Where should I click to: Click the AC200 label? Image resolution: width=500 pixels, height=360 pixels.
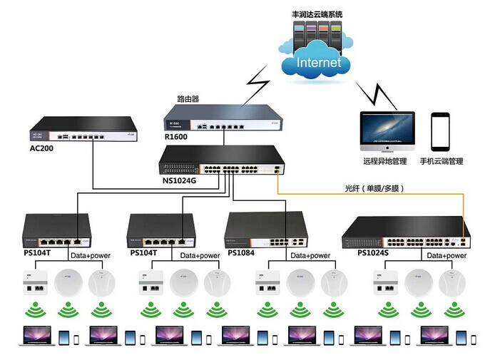tap(42, 148)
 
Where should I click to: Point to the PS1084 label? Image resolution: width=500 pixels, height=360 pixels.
tap(240, 252)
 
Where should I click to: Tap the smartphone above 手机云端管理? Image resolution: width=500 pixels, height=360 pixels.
tap(442, 130)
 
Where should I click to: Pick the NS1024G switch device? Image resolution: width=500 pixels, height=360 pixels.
tap(223, 163)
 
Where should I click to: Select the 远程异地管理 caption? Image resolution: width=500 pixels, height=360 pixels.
tap(385, 162)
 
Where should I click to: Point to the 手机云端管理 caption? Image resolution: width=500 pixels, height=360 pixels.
tap(441, 162)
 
